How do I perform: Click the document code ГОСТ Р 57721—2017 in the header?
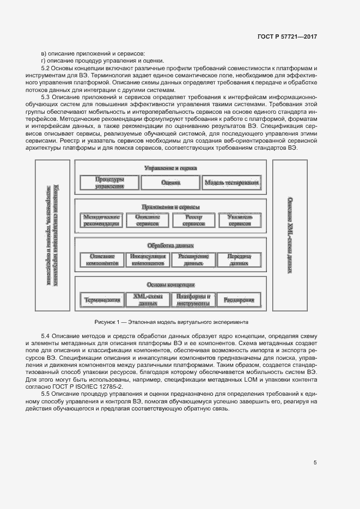(x=286, y=36)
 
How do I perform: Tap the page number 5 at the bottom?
(x=315, y=463)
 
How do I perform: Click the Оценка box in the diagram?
(x=170, y=182)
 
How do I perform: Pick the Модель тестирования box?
(x=231, y=182)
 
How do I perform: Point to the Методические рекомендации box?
(x=102, y=220)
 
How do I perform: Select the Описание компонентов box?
(x=102, y=260)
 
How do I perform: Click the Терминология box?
(x=102, y=299)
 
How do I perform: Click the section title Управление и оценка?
(x=170, y=168)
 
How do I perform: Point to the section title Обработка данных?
(x=170, y=246)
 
